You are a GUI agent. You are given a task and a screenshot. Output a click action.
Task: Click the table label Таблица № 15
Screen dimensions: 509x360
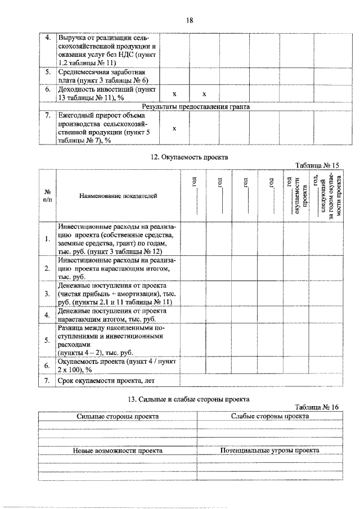coord(318,165)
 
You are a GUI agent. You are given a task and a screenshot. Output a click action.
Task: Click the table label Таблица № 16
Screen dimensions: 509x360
coord(318,407)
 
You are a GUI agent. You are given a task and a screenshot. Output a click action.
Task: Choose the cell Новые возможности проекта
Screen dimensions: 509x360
coord(118,451)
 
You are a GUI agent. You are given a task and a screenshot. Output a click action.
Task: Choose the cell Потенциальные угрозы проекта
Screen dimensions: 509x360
coord(269,451)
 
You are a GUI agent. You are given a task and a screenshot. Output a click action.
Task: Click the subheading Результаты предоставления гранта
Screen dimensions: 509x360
coord(195,106)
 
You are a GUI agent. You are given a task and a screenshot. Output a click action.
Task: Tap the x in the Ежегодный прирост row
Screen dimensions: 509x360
coord(174,128)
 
